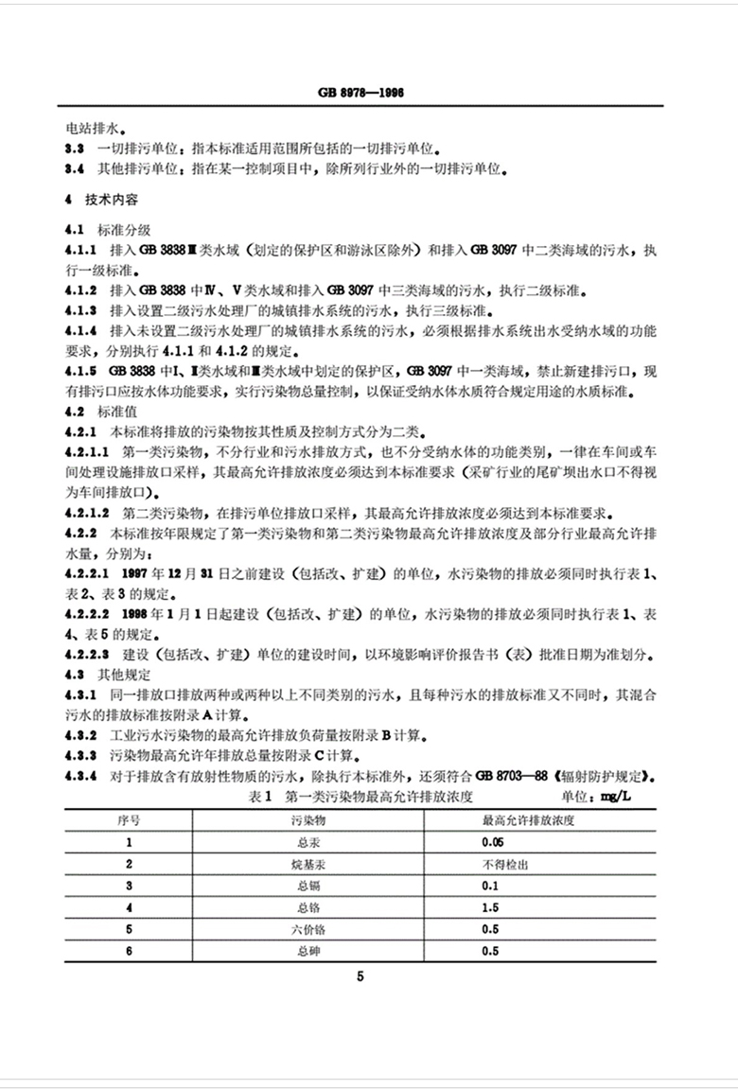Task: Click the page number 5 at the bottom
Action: (360, 976)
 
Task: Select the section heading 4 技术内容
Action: (98, 201)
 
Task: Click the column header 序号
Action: (129, 817)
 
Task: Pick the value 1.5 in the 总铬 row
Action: (489, 907)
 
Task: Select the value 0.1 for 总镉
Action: (489, 886)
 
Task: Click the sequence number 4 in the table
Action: (129, 907)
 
